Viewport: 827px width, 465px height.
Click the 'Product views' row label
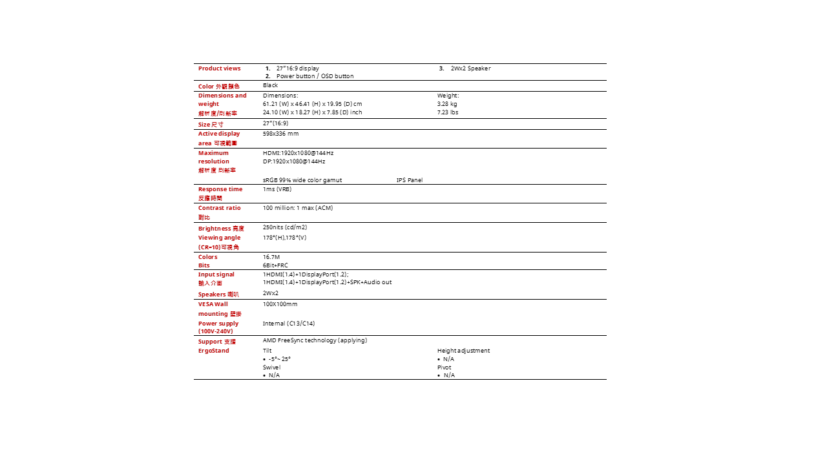(219, 68)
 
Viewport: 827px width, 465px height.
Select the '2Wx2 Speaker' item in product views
(470, 68)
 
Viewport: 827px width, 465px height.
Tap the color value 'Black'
(270, 85)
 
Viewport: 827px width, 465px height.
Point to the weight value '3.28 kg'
(446, 104)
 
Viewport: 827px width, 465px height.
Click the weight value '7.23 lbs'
(447, 112)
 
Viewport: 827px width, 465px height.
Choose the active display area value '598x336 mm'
(280, 134)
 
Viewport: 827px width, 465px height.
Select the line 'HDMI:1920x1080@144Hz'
(298, 153)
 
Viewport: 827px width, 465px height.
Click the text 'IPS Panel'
(409, 180)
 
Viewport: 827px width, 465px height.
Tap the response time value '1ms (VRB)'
(277, 189)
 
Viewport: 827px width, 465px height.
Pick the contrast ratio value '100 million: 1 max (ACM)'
(297, 208)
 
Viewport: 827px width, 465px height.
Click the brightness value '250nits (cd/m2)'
(284, 227)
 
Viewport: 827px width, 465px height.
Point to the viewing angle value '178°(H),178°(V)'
(284, 238)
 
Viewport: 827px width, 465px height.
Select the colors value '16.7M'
(271, 257)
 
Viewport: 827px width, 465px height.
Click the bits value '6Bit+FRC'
(275, 265)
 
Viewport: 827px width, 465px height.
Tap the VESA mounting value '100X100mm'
(280, 304)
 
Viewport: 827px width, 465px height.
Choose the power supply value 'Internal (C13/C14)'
(288, 324)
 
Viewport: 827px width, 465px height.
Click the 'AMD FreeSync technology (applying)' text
(315, 340)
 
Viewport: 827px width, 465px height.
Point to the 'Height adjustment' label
(463, 351)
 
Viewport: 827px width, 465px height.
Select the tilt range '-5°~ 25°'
(279, 359)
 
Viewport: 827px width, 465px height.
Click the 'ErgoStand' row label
(213, 351)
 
